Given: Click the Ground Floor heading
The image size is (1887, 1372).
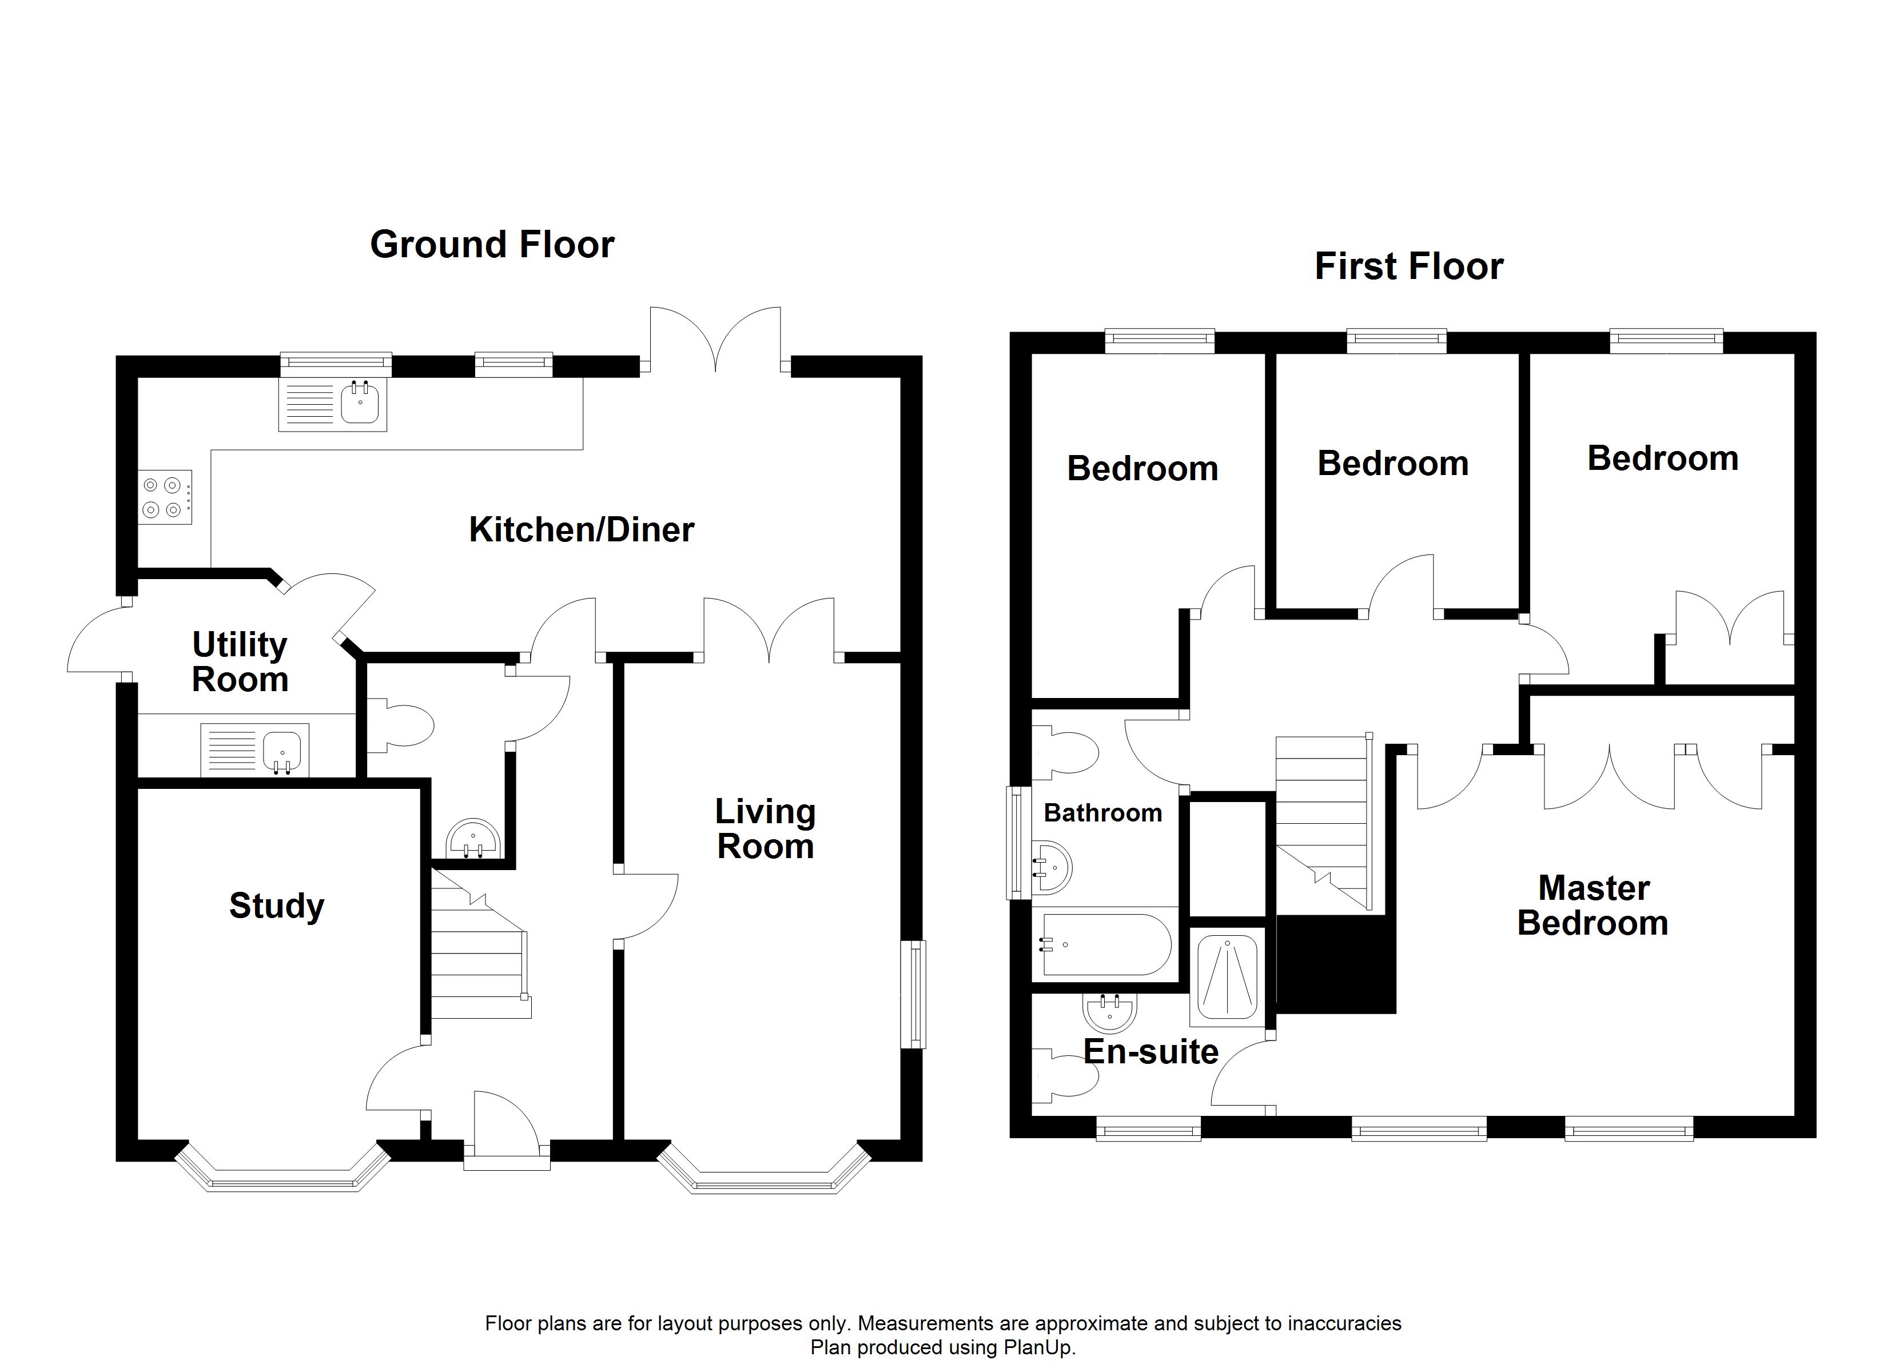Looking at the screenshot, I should [492, 245].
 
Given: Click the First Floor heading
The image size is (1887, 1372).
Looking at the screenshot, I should [1408, 266].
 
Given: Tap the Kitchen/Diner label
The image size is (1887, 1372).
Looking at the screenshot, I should [581, 530].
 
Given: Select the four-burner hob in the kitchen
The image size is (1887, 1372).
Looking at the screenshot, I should [165, 497].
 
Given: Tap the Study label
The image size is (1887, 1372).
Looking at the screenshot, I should [276, 906].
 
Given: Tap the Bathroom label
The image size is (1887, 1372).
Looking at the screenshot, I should [1102, 813].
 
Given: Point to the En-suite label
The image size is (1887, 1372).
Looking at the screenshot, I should [1150, 1052].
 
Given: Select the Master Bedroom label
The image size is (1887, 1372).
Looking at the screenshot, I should [1593, 906].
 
